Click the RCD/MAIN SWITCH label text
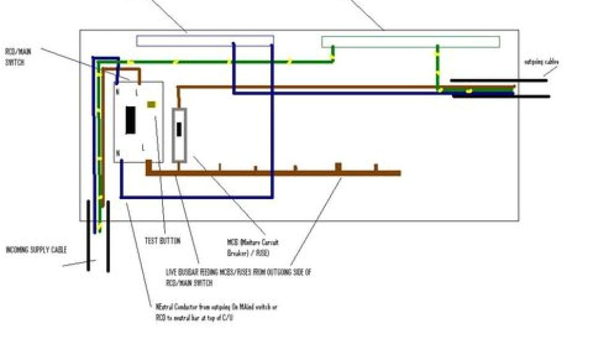click(19, 57)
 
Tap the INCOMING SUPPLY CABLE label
click(37, 250)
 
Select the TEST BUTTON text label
click(162, 241)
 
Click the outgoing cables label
click(542, 62)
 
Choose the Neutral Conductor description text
click(216, 311)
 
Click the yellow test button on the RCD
click(152, 104)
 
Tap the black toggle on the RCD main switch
click(130, 120)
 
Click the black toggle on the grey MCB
click(179, 129)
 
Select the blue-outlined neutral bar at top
click(205, 40)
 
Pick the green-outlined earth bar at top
click(410, 42)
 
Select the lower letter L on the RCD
click(143, 147)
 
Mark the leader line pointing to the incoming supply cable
click(76, 263)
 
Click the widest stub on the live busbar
click(338, 167)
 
